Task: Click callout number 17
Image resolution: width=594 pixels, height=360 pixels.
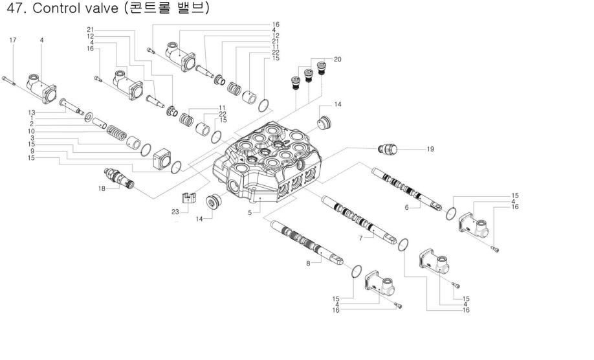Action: tap(12, 40)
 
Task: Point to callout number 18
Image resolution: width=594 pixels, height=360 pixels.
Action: tap(101, 188)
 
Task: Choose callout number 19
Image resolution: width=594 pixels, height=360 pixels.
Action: tap(430, 149)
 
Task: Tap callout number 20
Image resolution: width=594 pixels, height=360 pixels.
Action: tap(337, 59)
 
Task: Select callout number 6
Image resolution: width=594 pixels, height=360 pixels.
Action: tap(407, 207)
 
